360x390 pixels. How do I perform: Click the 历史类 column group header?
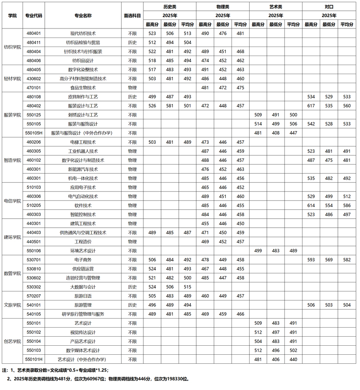pyautogui.click(x=170, y=7)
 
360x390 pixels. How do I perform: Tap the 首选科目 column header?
pyautogui.click(x=132, y=15)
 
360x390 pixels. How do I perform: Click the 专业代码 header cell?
pyautogui.click(x=34, y=15)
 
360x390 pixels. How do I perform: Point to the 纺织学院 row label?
pyautogui.click(x=12, y=47)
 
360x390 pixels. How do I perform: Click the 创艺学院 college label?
pyautogui.click(x=12, y=341)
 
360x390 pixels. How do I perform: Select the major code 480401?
pyautogui.click(x=34, y=33)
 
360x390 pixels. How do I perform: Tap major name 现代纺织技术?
pyautogui.click(x=83, y=33)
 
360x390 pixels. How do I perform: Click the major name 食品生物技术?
pyautogui.click(x=83, y=88)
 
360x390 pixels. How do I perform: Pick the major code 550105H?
pyautogui.click(x=34, y=133)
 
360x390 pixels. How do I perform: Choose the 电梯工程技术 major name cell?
pyautogui.click(x=83, y=142)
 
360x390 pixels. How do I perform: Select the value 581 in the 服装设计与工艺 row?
pyautogui.click(x=170, y=106)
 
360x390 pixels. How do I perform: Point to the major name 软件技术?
pyautogui.click(x=83, y=205)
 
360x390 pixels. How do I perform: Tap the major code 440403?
pyautogui.click(x=34, y=232)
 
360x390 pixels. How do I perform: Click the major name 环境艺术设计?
pyautogui.click(x=83, y=250)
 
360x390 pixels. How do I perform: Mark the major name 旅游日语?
pyautogui.click(x=83, y=296)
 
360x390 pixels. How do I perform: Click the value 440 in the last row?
pyautogui.click(x=293, y=359)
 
